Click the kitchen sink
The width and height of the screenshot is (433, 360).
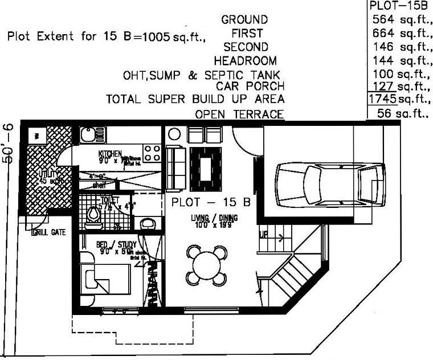coord(88,136)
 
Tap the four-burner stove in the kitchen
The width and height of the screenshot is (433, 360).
coord(152,152)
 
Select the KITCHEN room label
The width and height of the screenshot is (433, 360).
coord(109,154)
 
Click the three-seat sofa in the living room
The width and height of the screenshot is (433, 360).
coord(175,168)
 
